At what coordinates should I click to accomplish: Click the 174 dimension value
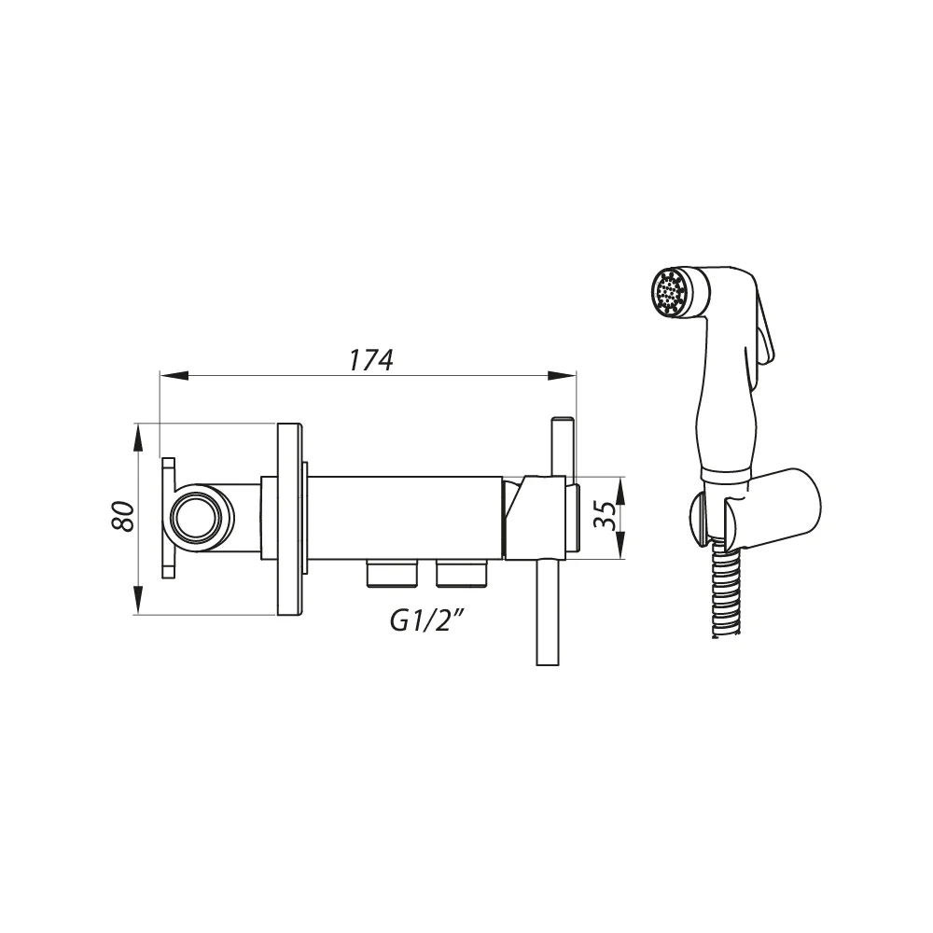pos(370,360)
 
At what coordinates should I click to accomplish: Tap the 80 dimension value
pos(123,517)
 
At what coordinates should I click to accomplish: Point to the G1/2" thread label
pos(427,621)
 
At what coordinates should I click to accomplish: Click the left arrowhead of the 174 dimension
pos(174,375)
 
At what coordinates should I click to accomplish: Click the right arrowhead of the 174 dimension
pos(562,375)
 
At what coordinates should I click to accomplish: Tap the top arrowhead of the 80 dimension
pos(138,438)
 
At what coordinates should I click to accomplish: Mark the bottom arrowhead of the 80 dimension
pos(138,600)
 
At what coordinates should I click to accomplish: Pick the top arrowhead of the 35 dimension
pos(620,491)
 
